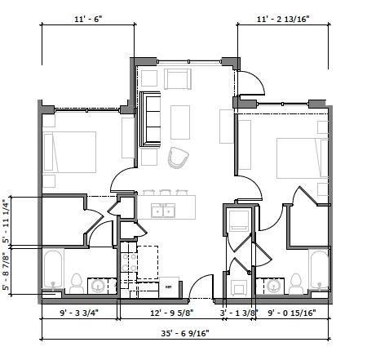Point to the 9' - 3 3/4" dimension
tap(79, 311)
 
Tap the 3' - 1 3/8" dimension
tap(237, 311)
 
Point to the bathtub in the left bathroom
tap(52, 271)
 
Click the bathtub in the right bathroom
tap(318, 272)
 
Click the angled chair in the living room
tap(177, 156)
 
